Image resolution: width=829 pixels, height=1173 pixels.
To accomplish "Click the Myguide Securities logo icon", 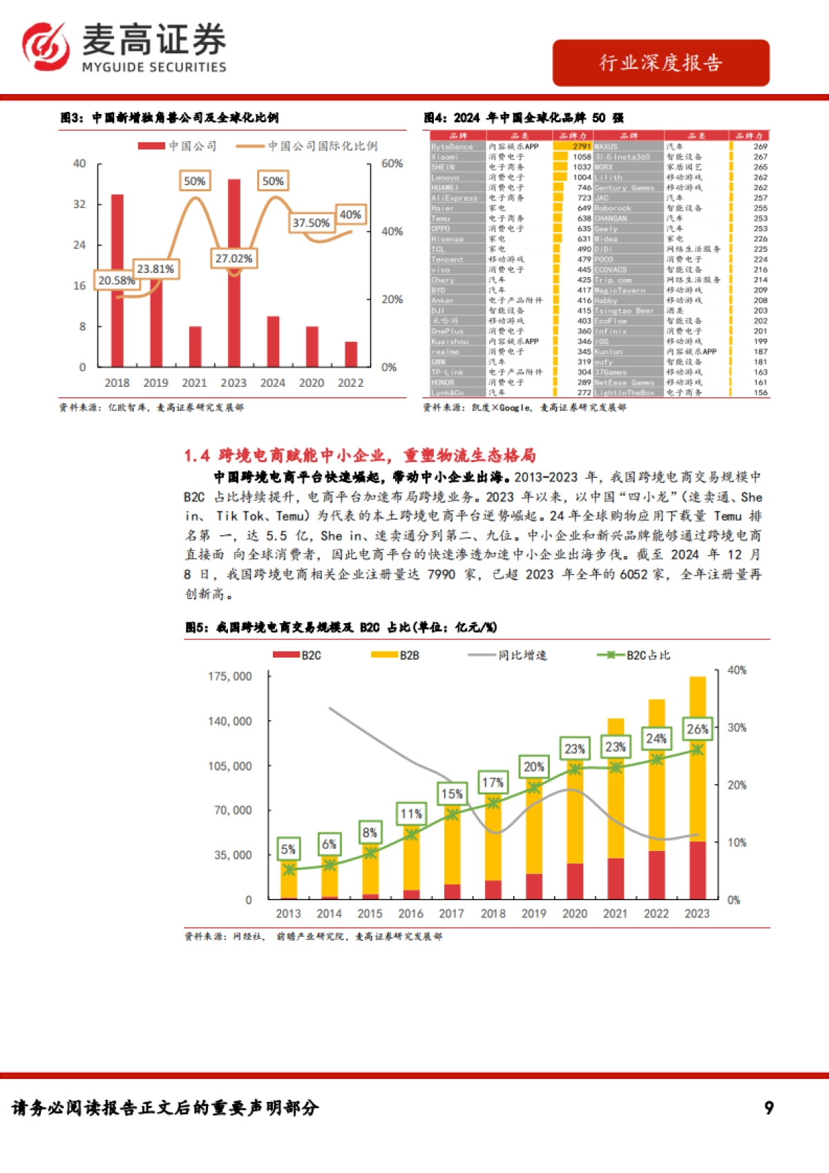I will [x=46, y=46].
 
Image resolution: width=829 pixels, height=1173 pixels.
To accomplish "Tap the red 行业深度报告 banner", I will [x=660, y=63].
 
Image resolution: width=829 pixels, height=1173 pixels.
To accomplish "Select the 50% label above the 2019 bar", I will [x=194, y=181].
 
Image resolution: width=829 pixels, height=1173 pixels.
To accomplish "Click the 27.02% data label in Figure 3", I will [x=234, y=258].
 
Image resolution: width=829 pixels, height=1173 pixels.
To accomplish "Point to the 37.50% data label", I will [x=310, y=222].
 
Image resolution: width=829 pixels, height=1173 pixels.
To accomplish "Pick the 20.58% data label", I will [x=116, y=280].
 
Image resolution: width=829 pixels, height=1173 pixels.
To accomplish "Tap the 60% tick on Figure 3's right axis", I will [x=392, y=164].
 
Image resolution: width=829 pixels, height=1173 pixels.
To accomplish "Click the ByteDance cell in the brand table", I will [x=452, y=146].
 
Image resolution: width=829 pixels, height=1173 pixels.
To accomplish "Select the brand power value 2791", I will [x=582, y=146].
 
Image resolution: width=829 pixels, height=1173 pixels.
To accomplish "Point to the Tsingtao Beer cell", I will [x=624, y=311].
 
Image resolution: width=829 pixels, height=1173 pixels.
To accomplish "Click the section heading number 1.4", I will [x=197, y=455].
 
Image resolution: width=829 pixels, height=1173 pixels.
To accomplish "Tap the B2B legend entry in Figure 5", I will [x=395, y=655].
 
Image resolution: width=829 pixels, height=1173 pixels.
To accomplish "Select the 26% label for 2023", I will [x=697, y=729].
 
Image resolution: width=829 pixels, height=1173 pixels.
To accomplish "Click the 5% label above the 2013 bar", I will [x=288, y=849].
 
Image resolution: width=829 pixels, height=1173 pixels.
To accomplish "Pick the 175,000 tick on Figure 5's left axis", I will [x=230, y=676].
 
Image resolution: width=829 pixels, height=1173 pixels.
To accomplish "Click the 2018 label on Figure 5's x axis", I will [x=493, y=913].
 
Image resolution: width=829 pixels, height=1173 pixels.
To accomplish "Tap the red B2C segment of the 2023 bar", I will [x=698, y=870].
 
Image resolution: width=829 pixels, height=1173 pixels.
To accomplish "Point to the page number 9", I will [x=769, y=1108].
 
